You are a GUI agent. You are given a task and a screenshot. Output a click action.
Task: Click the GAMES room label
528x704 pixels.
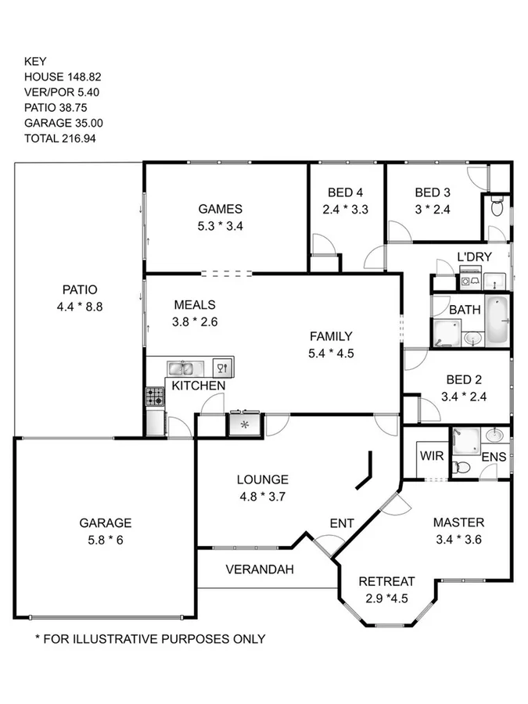pyautogui.click(x=220, y=209)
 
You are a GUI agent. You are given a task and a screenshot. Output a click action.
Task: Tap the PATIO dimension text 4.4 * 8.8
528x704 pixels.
pyautogui.click(x=80, y=307)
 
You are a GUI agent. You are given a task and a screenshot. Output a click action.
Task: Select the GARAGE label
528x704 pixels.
pyautogui.click(x=105, y=523)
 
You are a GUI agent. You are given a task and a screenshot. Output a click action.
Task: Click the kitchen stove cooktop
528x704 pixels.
pyautogui.click(x=155, y=397)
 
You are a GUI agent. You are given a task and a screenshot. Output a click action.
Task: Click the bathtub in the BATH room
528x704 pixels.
pyautogui.click(x=497, y=321)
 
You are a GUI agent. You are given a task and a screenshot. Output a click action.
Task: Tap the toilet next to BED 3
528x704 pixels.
pyautogui.click(x=497, y=207)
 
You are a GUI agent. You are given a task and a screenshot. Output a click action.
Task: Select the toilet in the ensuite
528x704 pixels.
pyautogui.click(x=462, y=468)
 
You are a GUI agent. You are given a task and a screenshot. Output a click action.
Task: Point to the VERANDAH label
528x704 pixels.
pyautogui.click(x=260, y=569)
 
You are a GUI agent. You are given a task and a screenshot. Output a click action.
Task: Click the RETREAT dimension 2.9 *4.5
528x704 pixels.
pyautogui.click(x=386, y=598)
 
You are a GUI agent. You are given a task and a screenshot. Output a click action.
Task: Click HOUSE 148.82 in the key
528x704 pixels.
pyautogui.click(x=63, y=77)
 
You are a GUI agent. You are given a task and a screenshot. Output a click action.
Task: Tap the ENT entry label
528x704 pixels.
pyautogui.click(x=342, y=523)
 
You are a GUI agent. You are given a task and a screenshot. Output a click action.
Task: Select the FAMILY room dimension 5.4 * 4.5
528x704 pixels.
pyautogui.click(x=331, y=353)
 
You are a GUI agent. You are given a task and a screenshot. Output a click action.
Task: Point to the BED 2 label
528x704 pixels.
pyautogui.click(x=464, y=379)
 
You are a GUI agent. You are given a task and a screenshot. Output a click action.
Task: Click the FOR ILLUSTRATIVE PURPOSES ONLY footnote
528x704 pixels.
pyautogui.click(x=150, y=639)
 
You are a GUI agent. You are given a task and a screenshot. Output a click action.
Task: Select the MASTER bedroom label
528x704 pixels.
pyautogui.click(x=458, y=523)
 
